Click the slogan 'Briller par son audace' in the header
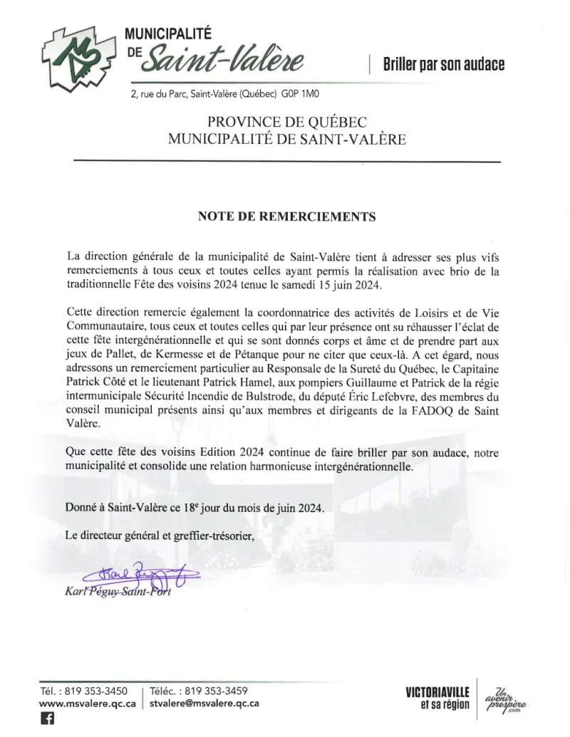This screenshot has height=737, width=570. [x=443, y=64]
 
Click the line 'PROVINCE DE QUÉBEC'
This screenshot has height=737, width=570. [x=287, y=122]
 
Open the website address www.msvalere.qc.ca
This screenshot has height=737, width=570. [x=88, y=703]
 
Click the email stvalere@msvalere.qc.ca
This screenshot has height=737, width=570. [x=204, y=703]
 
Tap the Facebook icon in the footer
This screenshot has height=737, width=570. [x=48, y=719]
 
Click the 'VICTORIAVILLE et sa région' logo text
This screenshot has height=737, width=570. [x=437, y=698]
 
